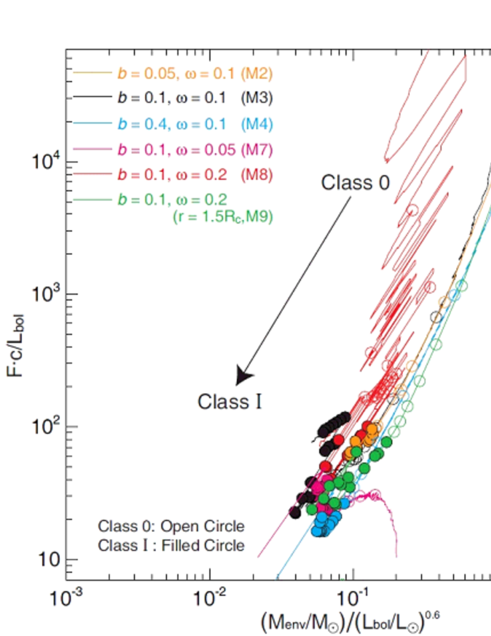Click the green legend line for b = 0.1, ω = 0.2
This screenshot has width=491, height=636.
click(x=93, y=200)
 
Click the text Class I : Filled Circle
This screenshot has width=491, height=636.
click(x=171, y=545)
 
